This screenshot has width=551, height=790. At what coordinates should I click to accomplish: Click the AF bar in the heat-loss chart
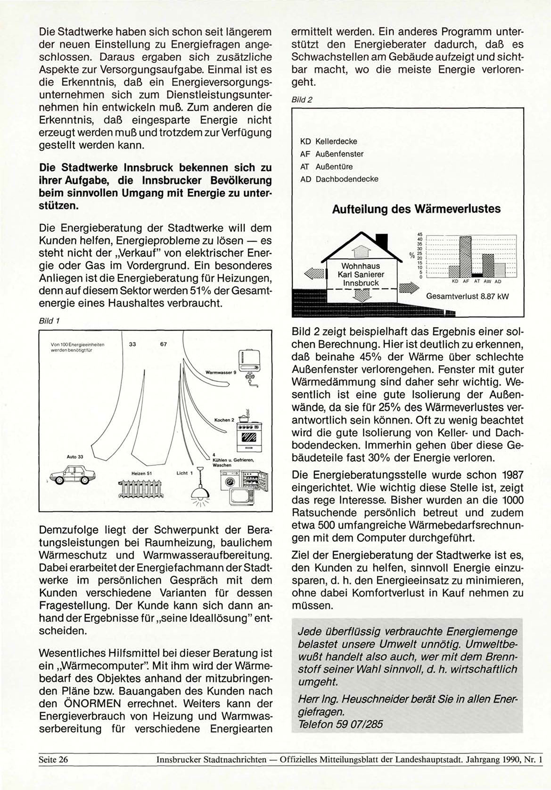[465, 257]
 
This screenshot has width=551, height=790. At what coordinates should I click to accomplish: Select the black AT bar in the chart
[477, 275]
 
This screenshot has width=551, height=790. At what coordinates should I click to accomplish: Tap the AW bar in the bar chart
[488, 266]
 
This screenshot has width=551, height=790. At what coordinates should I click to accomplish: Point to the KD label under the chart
[454, 282]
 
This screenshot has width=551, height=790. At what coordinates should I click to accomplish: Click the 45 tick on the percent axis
[420, 235]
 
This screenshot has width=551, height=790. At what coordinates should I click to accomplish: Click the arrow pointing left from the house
[314, 273]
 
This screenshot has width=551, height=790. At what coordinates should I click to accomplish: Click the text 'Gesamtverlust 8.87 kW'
[467, 297]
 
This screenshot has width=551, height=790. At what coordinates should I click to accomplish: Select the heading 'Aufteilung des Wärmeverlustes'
[416, 209]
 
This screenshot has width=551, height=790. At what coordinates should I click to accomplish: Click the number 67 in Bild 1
[164, 344]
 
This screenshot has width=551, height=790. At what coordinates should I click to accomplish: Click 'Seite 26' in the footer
[53, 759]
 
